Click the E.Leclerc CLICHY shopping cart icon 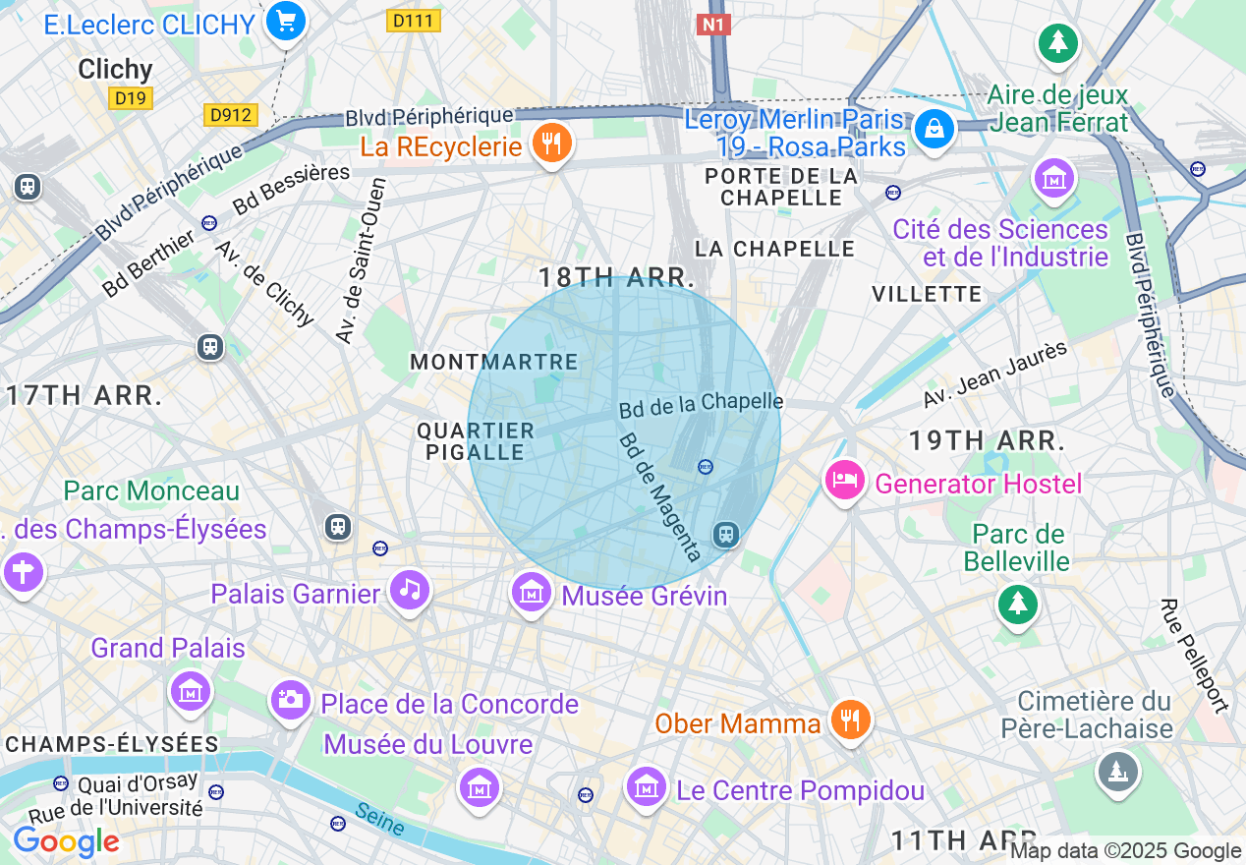click(285, 22)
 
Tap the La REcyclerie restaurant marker click(551, 144)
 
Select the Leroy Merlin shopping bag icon click(934, 129)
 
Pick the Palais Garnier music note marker click(410, 590)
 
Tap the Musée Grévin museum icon click(531, 593)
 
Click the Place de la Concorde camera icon click(290, 700)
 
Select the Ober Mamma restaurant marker click(846, 721)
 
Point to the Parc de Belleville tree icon click(1017, 603)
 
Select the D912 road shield click(232, 115)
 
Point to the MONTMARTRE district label click(494, 362)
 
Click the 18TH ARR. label click(616, 277)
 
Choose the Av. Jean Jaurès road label click(994, 375)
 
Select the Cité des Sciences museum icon click(1053, 179)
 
